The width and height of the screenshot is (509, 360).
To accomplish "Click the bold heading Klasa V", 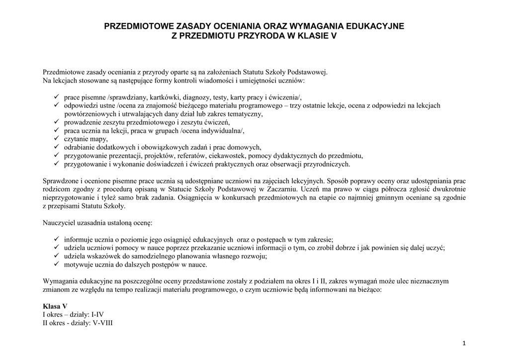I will tap(55, 306).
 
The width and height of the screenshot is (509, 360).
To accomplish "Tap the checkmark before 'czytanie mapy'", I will tap(56, 139).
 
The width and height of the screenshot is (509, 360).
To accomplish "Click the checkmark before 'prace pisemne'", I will tap(56, 97).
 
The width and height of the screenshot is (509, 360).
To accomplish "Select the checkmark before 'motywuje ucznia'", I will tap(56, 265).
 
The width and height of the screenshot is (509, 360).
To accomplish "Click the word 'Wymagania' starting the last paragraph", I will tap(61, 281).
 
